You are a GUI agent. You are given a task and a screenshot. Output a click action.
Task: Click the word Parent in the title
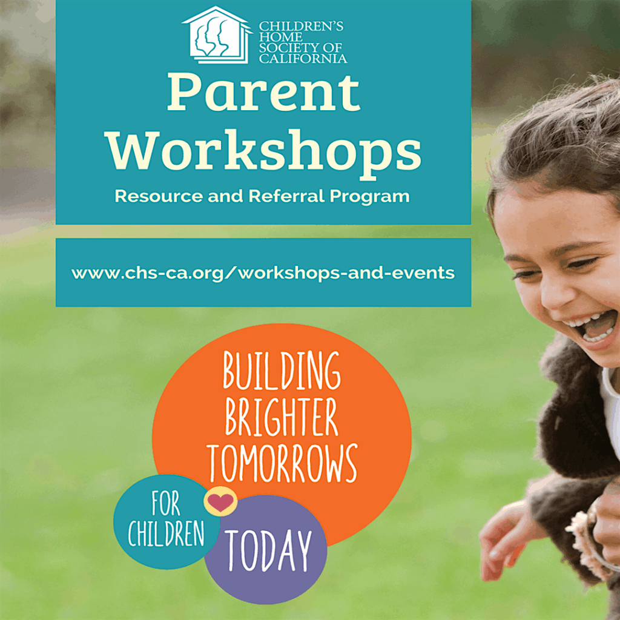264,92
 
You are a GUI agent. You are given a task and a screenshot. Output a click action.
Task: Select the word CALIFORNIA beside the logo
303,59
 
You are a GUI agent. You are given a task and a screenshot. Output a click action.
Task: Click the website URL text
263,273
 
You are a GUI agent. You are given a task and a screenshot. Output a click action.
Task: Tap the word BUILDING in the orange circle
281,371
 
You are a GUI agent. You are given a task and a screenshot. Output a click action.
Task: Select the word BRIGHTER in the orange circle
281,417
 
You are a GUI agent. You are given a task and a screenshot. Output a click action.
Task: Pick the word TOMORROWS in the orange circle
282,463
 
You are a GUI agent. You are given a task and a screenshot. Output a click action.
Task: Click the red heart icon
220,502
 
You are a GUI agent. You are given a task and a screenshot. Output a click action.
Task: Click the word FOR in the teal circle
166,504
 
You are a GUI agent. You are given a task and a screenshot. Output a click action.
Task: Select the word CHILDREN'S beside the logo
301,27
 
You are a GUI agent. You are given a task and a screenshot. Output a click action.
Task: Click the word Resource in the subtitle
159,196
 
